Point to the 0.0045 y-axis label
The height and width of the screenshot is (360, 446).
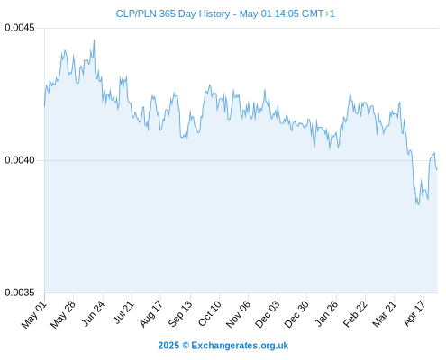pyautogui.click(x=20, y=28)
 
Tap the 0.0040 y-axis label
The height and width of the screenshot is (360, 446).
pyautogui.click(x=20, y=160)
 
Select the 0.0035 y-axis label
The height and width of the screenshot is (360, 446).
pyautogui.click(x=20, y=292)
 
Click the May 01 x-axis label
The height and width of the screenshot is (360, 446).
pyautogui.click(x=33, y=315)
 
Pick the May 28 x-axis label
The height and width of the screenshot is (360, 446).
pyautogui.click(x=63, y=315)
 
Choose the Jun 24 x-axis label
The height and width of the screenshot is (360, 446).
pyautogui.click(x=93, y=314)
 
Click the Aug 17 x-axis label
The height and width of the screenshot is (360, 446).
pyautogui.click(x=150, y=314)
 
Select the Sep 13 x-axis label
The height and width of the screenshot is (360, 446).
pyautogui.click(x=179, y=314)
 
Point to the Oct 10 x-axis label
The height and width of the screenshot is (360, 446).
pyautogui.click(x=209, y=314)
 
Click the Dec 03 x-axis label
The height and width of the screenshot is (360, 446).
pyautogui.click(x=267, y=314)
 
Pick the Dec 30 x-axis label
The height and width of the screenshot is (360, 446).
pyautogui.click(x=296, y=314)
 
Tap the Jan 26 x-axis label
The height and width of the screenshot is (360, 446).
pyautogui.click(x=326, y=314)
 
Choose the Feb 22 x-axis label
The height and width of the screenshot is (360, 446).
pyautogui.click(x=355, y=314)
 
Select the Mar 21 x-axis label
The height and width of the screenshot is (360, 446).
pyautogui.click(x=384, y=314)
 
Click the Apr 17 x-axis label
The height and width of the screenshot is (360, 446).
pyautogui.click(x=414, y=313)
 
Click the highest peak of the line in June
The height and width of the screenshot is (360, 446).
pyautogui.click(x=94, y=40)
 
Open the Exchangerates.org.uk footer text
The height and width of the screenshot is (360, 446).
pyautogui.click(x=240, y=346)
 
